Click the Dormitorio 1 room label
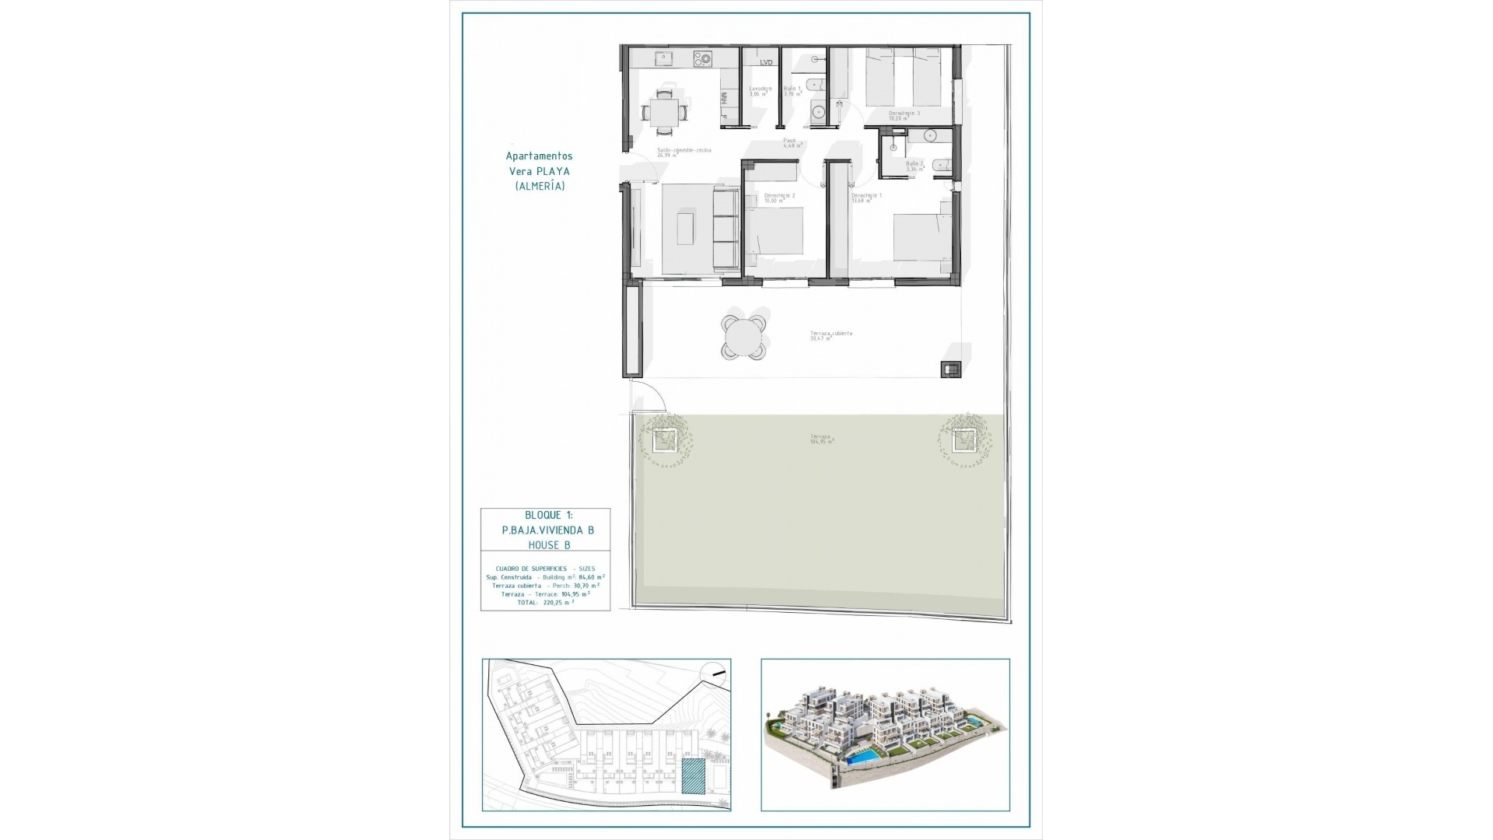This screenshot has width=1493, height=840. pos(866,196)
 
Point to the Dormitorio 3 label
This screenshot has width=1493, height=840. pos(904,114)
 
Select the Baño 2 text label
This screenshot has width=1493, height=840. pos(914,165)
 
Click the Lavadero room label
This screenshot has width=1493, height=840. pos(760,89)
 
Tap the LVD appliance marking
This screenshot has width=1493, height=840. pos(766,62)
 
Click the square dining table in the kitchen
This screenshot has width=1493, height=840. pos(663,110)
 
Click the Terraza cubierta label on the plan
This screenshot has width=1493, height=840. pos(830,334)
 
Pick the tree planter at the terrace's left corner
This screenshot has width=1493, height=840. pos(663,441)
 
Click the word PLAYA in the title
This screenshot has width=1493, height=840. pos(551,171)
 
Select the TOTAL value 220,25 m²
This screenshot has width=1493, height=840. pos(559,602)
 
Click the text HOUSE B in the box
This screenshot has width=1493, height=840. pos(549,545)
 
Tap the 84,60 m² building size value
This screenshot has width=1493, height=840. pos(592,578)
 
